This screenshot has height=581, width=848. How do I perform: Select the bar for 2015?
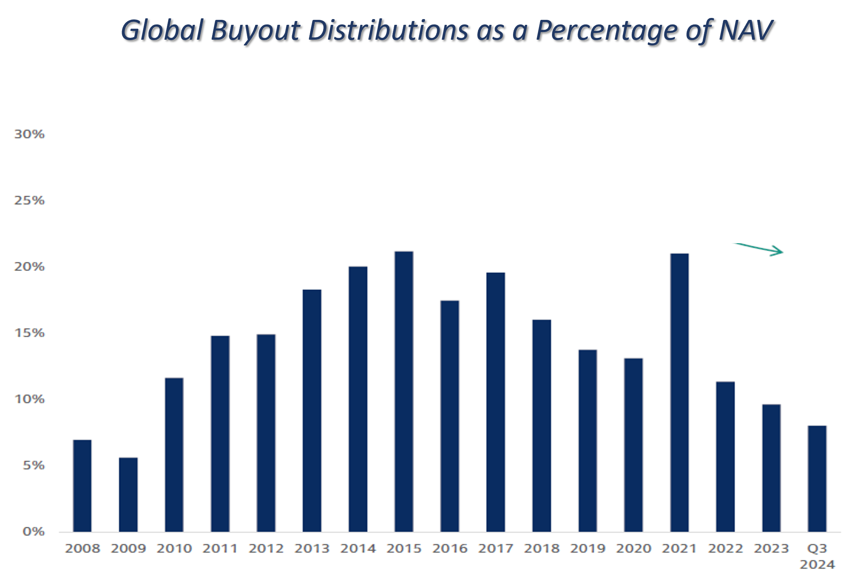point(404,391)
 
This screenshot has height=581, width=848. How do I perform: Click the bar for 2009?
point(128,494)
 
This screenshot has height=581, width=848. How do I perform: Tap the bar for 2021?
point(679,392)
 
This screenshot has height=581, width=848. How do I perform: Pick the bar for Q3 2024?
point(817,479)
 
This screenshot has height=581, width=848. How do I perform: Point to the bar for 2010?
point(174,455)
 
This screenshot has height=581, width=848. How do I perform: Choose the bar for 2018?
point(542,426)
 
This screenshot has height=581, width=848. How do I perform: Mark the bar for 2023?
point(771,468)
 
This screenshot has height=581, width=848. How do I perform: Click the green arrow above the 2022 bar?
point(759,249)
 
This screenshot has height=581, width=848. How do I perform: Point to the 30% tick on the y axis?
point(29,134)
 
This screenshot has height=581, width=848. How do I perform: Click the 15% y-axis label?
point(29,333)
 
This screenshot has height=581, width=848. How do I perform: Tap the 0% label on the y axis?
point(34,531)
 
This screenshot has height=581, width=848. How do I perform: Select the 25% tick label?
point(29,200)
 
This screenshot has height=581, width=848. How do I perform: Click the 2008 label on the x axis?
point(82,549)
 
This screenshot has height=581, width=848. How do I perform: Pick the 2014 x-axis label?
point(358,549)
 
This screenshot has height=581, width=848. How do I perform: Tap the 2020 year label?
point(634,549)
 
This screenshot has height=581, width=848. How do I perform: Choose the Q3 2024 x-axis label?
point(817,556)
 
